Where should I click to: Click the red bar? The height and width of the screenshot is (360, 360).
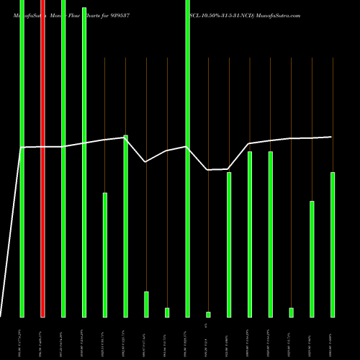(x=42, y=158)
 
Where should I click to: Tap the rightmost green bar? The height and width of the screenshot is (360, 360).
(x=333, y=244)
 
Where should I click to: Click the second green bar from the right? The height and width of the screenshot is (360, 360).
(x=312, y=258)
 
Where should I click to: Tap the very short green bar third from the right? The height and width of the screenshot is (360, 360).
(x=291, y=312)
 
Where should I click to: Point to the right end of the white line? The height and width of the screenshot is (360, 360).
(x=332, y=137)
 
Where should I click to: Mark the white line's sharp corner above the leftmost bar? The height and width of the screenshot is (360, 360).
(x=22, y=148)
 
